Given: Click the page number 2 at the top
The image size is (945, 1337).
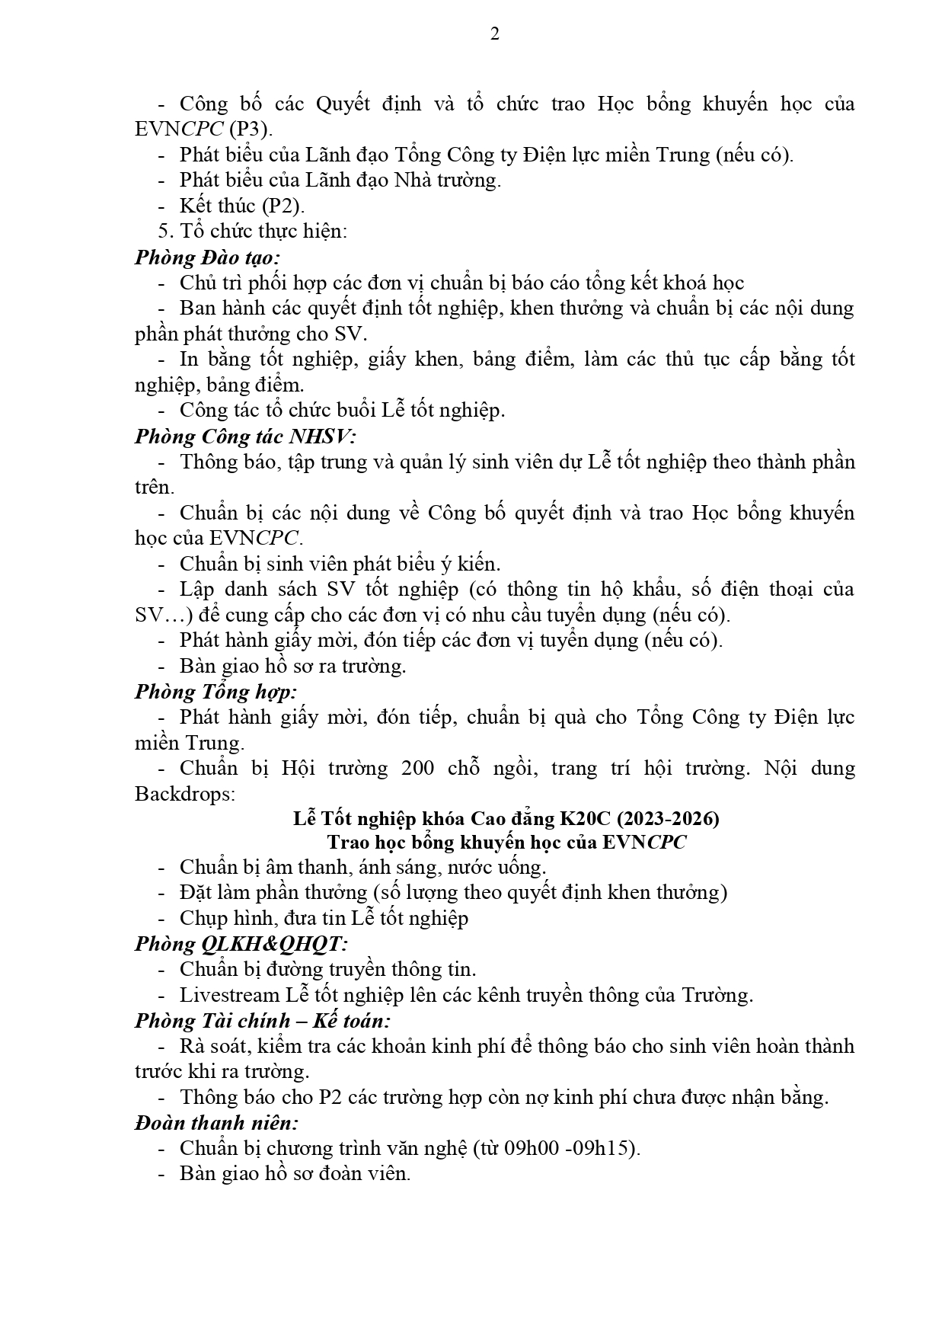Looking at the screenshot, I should [495, 34].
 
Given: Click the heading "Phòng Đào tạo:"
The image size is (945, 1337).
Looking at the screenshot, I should [207, 257].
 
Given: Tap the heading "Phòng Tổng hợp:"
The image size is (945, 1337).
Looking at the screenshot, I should [215, 692].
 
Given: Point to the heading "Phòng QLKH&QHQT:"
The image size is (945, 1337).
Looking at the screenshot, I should [241, 944].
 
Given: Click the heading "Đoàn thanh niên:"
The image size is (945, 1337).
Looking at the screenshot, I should [216, 1123].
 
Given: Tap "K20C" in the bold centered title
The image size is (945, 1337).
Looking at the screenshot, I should [585, 819].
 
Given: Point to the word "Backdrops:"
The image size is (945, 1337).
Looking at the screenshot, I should [185, 794].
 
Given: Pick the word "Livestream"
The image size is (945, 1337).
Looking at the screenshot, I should [229, 995].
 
